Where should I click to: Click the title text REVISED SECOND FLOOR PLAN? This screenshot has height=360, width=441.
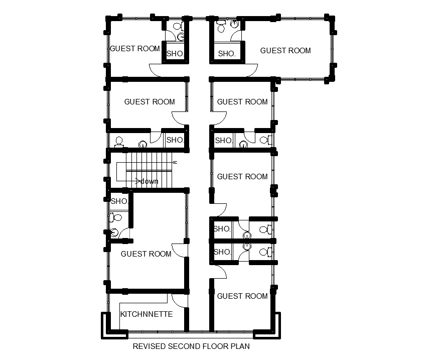pos(191,346)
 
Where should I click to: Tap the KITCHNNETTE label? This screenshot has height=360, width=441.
pos(146,314)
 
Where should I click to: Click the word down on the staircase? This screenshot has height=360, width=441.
pos(149,181)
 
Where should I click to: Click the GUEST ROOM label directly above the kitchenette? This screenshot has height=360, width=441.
pos(146,254)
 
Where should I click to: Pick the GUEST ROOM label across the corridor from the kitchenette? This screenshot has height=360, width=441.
pos(242,296)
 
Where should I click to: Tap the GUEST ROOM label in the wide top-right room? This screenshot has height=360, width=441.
pos(285,51)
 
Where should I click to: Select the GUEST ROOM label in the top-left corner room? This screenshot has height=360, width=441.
pos(135,49)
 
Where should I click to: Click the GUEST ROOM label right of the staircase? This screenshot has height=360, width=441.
pos(242,177)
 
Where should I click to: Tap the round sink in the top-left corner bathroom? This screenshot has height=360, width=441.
pos(182,37)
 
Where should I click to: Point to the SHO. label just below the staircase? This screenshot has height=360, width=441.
pos(119,201)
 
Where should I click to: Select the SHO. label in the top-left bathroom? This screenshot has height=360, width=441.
pos(175,54)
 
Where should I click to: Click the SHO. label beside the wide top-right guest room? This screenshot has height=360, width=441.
pos(227,54)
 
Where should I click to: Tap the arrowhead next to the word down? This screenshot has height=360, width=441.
pos(138,181)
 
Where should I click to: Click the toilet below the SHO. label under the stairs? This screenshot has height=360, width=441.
pos(115,217)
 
